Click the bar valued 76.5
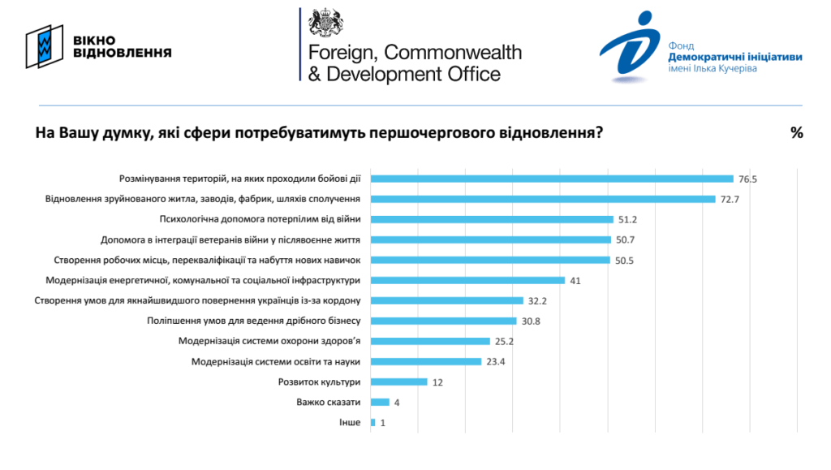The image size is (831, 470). tap(552, 179)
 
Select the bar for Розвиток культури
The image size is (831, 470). tap(398, 382)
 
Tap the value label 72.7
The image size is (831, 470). tap(730, 199)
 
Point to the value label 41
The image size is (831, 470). tap(575, 280)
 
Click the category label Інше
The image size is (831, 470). tap(349, 422)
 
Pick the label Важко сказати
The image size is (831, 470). tap(329, 402)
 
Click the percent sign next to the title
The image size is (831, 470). tap(796, 133)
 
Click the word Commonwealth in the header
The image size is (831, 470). tap(453, 53)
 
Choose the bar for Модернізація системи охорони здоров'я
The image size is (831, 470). tap(430, 341)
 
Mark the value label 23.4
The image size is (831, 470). tap(496, 361)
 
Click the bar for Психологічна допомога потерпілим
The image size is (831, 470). tap(492, 219)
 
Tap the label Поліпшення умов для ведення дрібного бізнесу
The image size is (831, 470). tap(253, 321)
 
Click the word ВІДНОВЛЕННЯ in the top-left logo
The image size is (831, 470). tap(122, 54)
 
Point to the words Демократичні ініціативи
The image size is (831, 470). tap(735, 58)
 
